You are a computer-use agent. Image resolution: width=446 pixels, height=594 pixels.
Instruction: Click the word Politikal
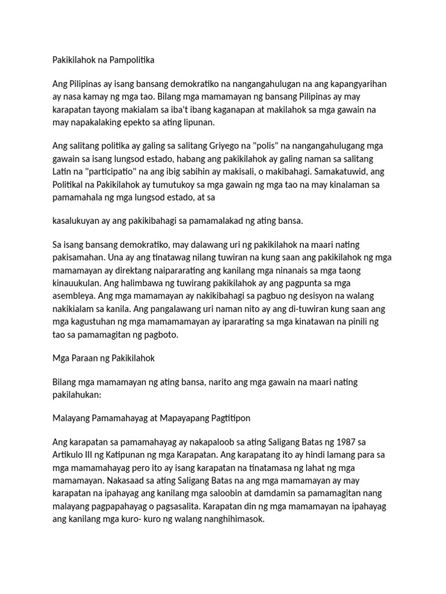[x=69, y=185]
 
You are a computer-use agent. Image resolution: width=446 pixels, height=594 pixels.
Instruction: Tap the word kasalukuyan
[x=78, y=221]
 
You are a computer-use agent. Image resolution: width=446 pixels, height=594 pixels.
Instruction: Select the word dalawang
[x=200, y=246]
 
